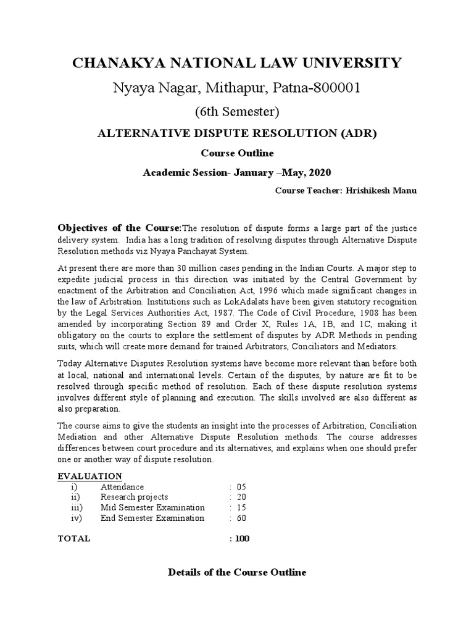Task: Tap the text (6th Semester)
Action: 237,112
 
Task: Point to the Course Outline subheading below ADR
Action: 237,153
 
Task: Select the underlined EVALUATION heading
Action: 89,476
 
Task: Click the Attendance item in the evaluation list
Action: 122,487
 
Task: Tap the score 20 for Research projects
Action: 241,497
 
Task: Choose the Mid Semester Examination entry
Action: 152,507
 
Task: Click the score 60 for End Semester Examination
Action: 241,518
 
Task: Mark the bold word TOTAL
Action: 74,538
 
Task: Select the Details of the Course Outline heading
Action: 237,573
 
